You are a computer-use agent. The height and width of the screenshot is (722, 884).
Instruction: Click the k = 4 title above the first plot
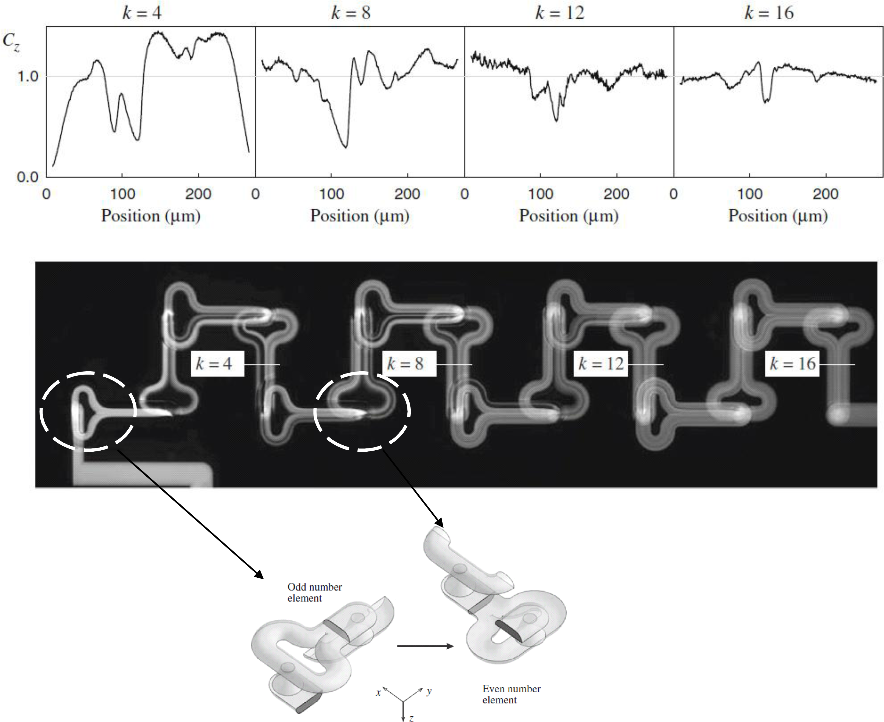[142, 13]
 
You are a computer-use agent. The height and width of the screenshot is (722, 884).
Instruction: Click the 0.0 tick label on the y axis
[27, 178]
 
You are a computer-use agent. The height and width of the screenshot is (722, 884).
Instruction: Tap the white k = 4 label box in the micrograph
[217, 364]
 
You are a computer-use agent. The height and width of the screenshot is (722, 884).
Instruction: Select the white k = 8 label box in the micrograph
[409, 364]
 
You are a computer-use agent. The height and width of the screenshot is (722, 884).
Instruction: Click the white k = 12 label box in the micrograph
[600, 364]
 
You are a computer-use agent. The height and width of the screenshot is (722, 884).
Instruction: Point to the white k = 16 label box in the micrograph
[792, 364]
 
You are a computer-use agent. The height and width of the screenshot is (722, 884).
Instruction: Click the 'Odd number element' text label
[315, 592]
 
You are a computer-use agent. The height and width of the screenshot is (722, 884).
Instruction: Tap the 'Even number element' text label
[511, 694]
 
